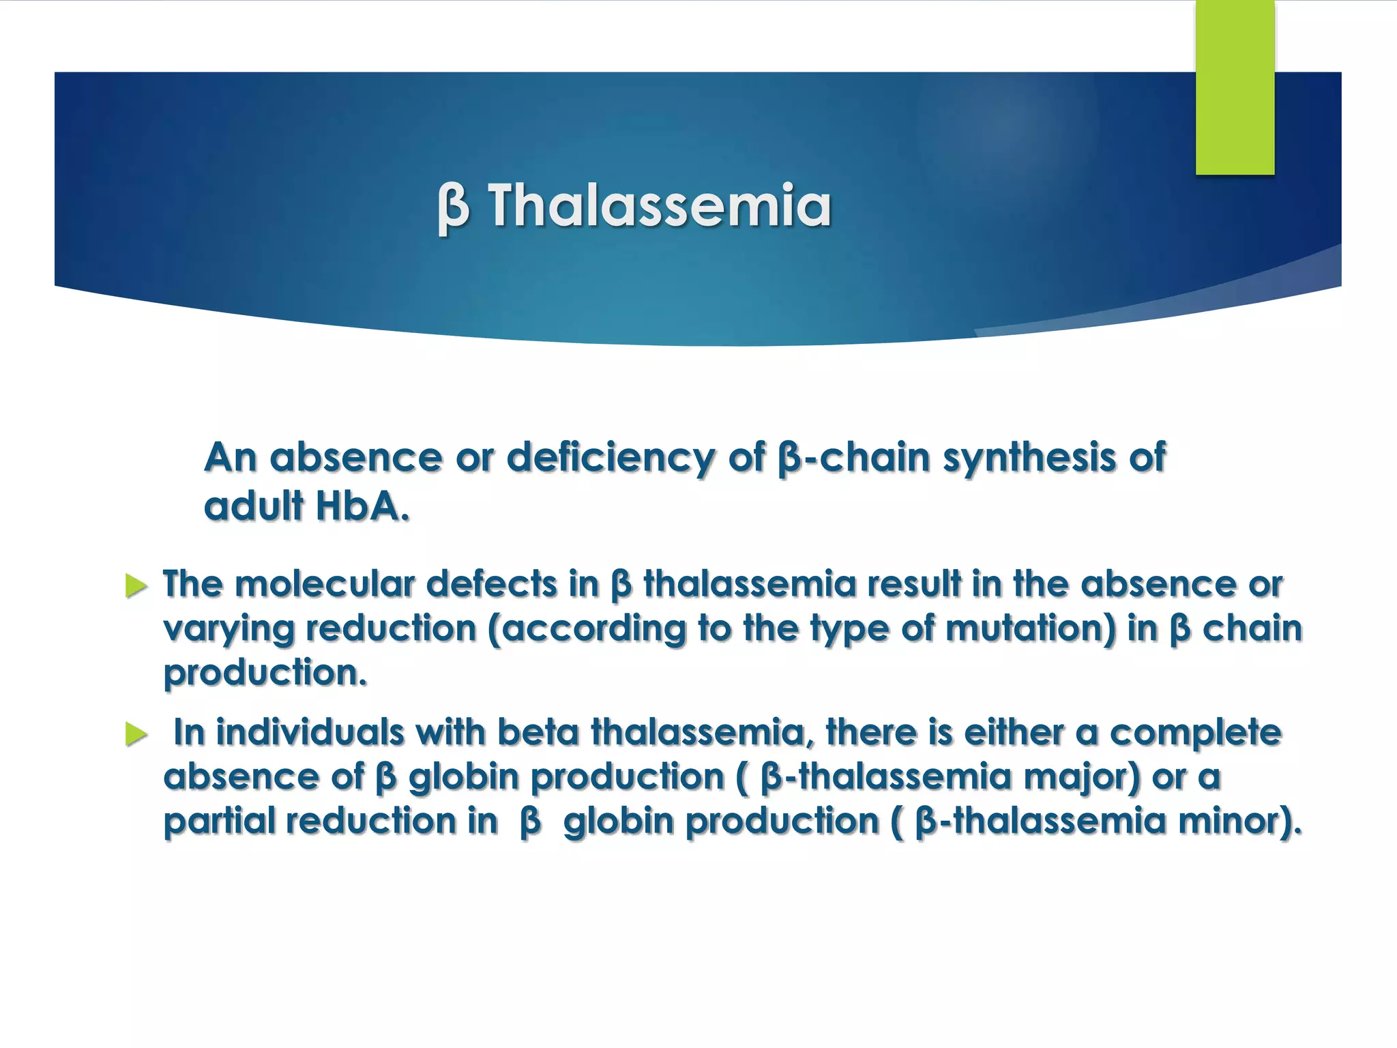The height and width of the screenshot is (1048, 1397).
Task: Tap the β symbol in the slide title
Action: (x=453, y=206)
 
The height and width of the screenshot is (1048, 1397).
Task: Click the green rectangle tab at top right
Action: (x=1235, y=87)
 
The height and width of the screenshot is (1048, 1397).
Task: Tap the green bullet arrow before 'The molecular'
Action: (x=136, y=586)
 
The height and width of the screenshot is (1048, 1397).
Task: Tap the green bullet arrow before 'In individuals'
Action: (x=136, y=734)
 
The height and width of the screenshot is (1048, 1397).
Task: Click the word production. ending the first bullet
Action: (x=265, y=673)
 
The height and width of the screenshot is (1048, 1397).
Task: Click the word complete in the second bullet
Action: (x=1195, y=732)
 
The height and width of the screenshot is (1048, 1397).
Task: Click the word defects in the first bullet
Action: (x=491, y=584)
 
